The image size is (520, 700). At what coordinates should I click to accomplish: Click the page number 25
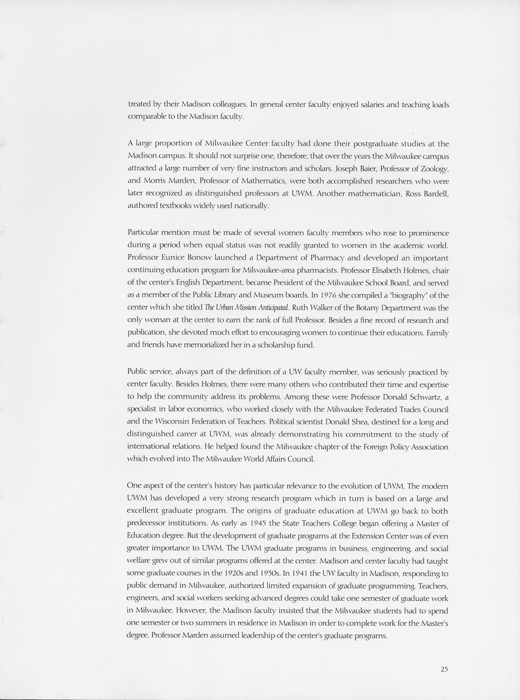[x=444, y=670]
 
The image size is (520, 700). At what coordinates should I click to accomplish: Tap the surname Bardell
[x=434, y=193]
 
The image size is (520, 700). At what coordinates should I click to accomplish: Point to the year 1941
[x=303, y=573]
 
